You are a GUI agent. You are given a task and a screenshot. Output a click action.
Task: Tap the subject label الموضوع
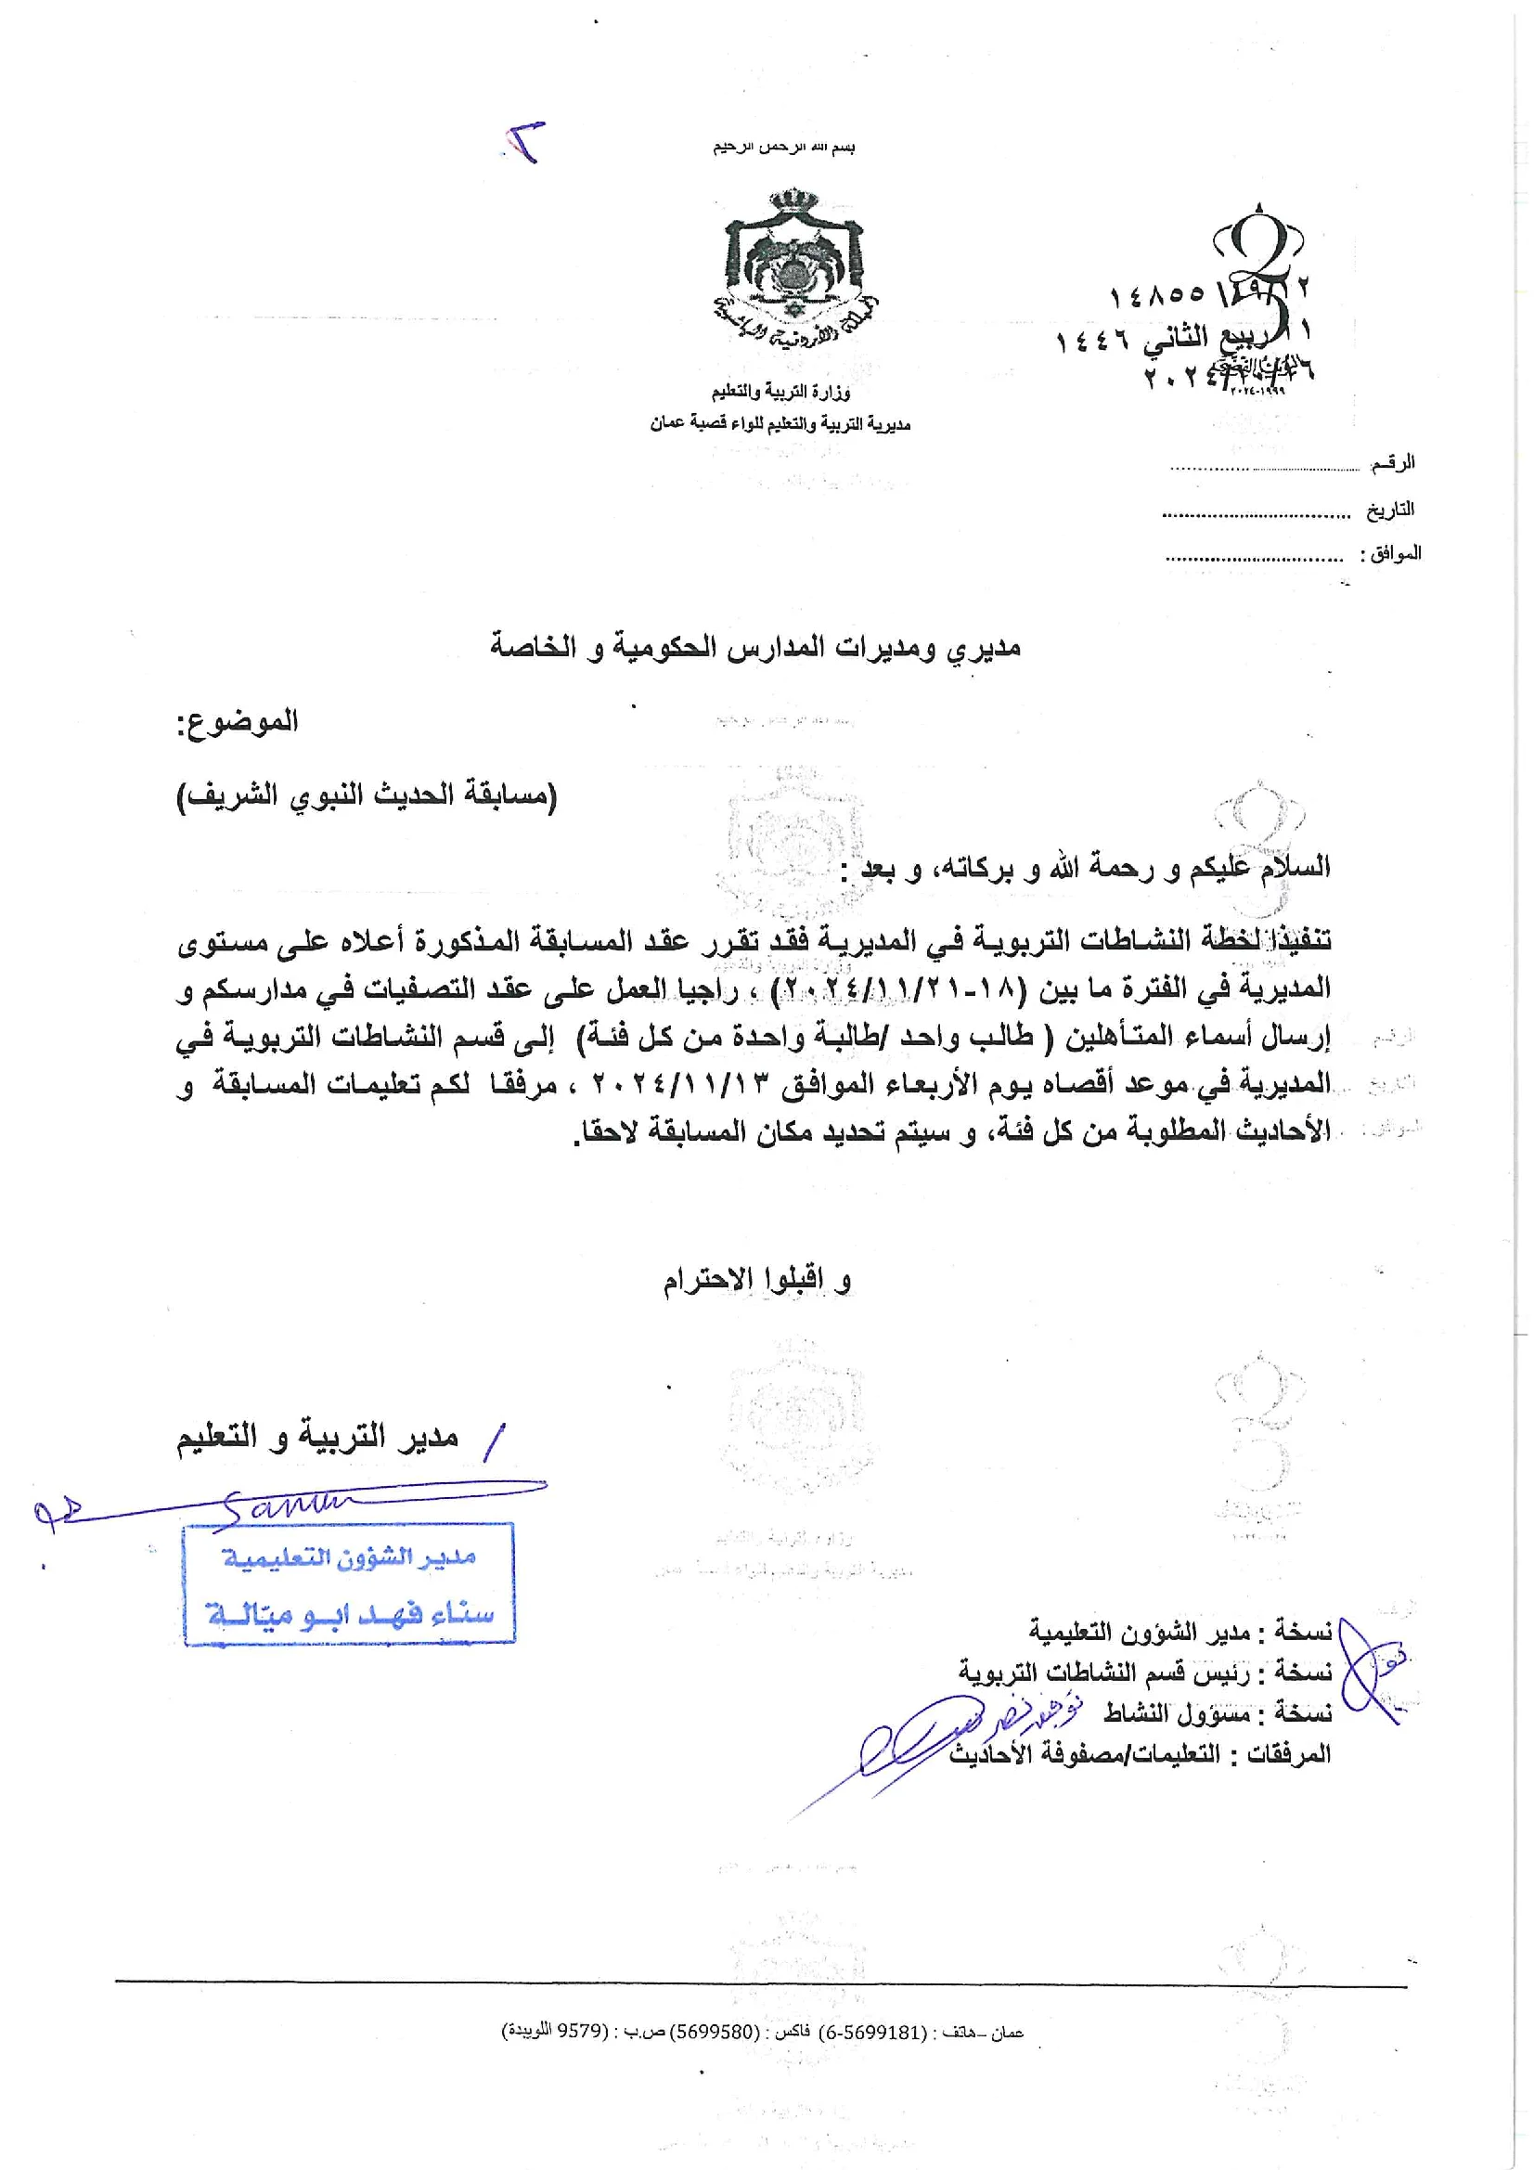pyautogui.click(x=238, y=723)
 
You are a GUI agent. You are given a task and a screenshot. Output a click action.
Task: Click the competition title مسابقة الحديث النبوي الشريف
pyautogui.click(x=367, y=795)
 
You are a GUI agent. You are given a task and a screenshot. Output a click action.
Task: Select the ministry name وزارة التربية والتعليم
pyautogui.click(x=780, y=392)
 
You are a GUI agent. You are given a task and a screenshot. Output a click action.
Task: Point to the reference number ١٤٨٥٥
pyautogui.click(x=1157, y=296)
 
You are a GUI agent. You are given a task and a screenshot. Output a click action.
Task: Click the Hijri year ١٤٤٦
pyautogui.click(x=1093, y=341)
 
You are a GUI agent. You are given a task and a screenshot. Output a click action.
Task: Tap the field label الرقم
pyautogui.click(x=1392, y=463)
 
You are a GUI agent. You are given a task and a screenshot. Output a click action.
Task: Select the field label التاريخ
pyautogui.click(x=1389, y=510)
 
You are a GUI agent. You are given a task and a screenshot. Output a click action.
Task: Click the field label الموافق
pyautogui.click(x=1390, y=554)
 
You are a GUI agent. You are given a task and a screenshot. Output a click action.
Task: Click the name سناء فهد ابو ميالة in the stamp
pyautogui.click(x=350, y=1614)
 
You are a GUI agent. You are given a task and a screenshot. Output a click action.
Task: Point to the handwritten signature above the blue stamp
pyautogui.click(x=284, y=1502)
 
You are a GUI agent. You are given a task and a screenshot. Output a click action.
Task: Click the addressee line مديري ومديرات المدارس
pyautogui.click(x=755, y=649)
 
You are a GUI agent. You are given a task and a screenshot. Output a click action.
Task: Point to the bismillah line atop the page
pyautogui.click(x=783, y=149)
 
